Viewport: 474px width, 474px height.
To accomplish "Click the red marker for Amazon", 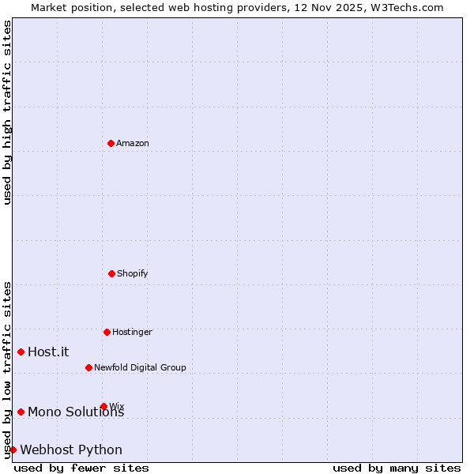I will coord(111,143).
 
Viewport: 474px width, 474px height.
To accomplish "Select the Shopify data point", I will coord(111,273).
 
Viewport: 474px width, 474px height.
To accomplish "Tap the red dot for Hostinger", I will coord(107,332).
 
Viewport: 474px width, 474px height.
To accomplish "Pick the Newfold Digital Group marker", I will coord(88,367).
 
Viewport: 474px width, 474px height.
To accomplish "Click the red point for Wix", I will coord(103,406).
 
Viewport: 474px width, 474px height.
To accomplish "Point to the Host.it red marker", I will coord(21,352).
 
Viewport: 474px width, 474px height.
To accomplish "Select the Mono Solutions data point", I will coord(21,412).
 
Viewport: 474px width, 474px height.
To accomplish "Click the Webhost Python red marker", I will coord(13,450).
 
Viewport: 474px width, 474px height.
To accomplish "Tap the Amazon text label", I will coord(133,143).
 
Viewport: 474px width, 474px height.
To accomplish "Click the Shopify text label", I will coord(133,273).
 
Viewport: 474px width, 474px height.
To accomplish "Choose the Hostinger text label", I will coord(132,332).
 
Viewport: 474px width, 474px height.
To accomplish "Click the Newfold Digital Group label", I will coord(140,367).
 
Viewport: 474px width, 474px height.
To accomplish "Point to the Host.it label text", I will coord(48,352).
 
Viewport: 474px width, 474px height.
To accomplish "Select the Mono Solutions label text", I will coord(75,412).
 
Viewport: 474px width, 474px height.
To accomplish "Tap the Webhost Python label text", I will coord(71,450).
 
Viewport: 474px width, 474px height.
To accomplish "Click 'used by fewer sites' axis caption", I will coord(81,468).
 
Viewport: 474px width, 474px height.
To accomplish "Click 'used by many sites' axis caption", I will coord(397,468).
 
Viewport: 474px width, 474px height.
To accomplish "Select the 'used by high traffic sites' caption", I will coord(7,113).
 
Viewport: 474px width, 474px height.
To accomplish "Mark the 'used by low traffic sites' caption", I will coord(7,370).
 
